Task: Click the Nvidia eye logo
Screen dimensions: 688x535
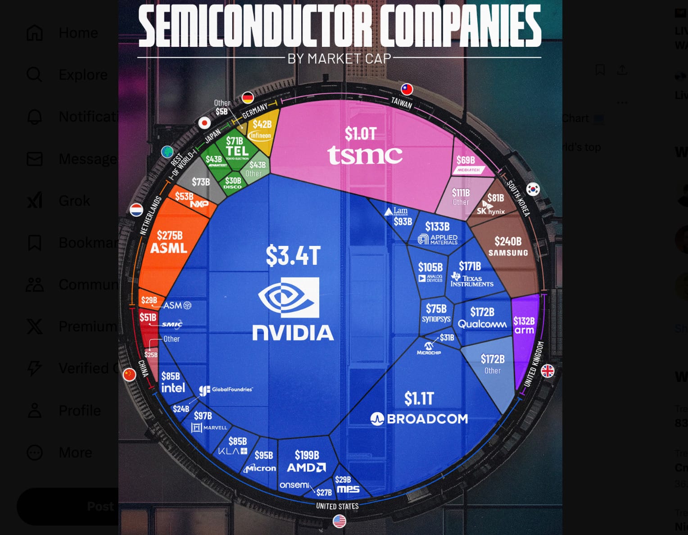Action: pos(289,297)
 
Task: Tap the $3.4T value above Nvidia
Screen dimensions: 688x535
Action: pos(293,256)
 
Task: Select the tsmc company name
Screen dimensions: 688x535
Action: pos(365,155)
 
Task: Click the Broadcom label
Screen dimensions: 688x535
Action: pos(427,419)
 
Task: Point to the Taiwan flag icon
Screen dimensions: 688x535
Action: pos(407,89)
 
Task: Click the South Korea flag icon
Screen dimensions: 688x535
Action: pos(533,189)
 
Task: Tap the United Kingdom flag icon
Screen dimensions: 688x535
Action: pos(548,371)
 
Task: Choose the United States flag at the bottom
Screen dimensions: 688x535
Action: pos(339,521)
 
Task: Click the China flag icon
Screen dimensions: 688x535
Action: pos(130,374)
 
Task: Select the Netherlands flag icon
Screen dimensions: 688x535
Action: pos(136,210)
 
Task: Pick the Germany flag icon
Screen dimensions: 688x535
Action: pos(248,97)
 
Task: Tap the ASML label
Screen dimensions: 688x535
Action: pos(169,248)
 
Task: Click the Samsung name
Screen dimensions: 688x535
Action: pos(508,253)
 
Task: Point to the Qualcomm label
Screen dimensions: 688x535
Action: pos(482,324)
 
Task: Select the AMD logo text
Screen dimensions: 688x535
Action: pos(306,468)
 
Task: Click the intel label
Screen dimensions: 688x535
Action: pos(173,388)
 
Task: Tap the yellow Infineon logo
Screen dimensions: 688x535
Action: pos(261,136)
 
